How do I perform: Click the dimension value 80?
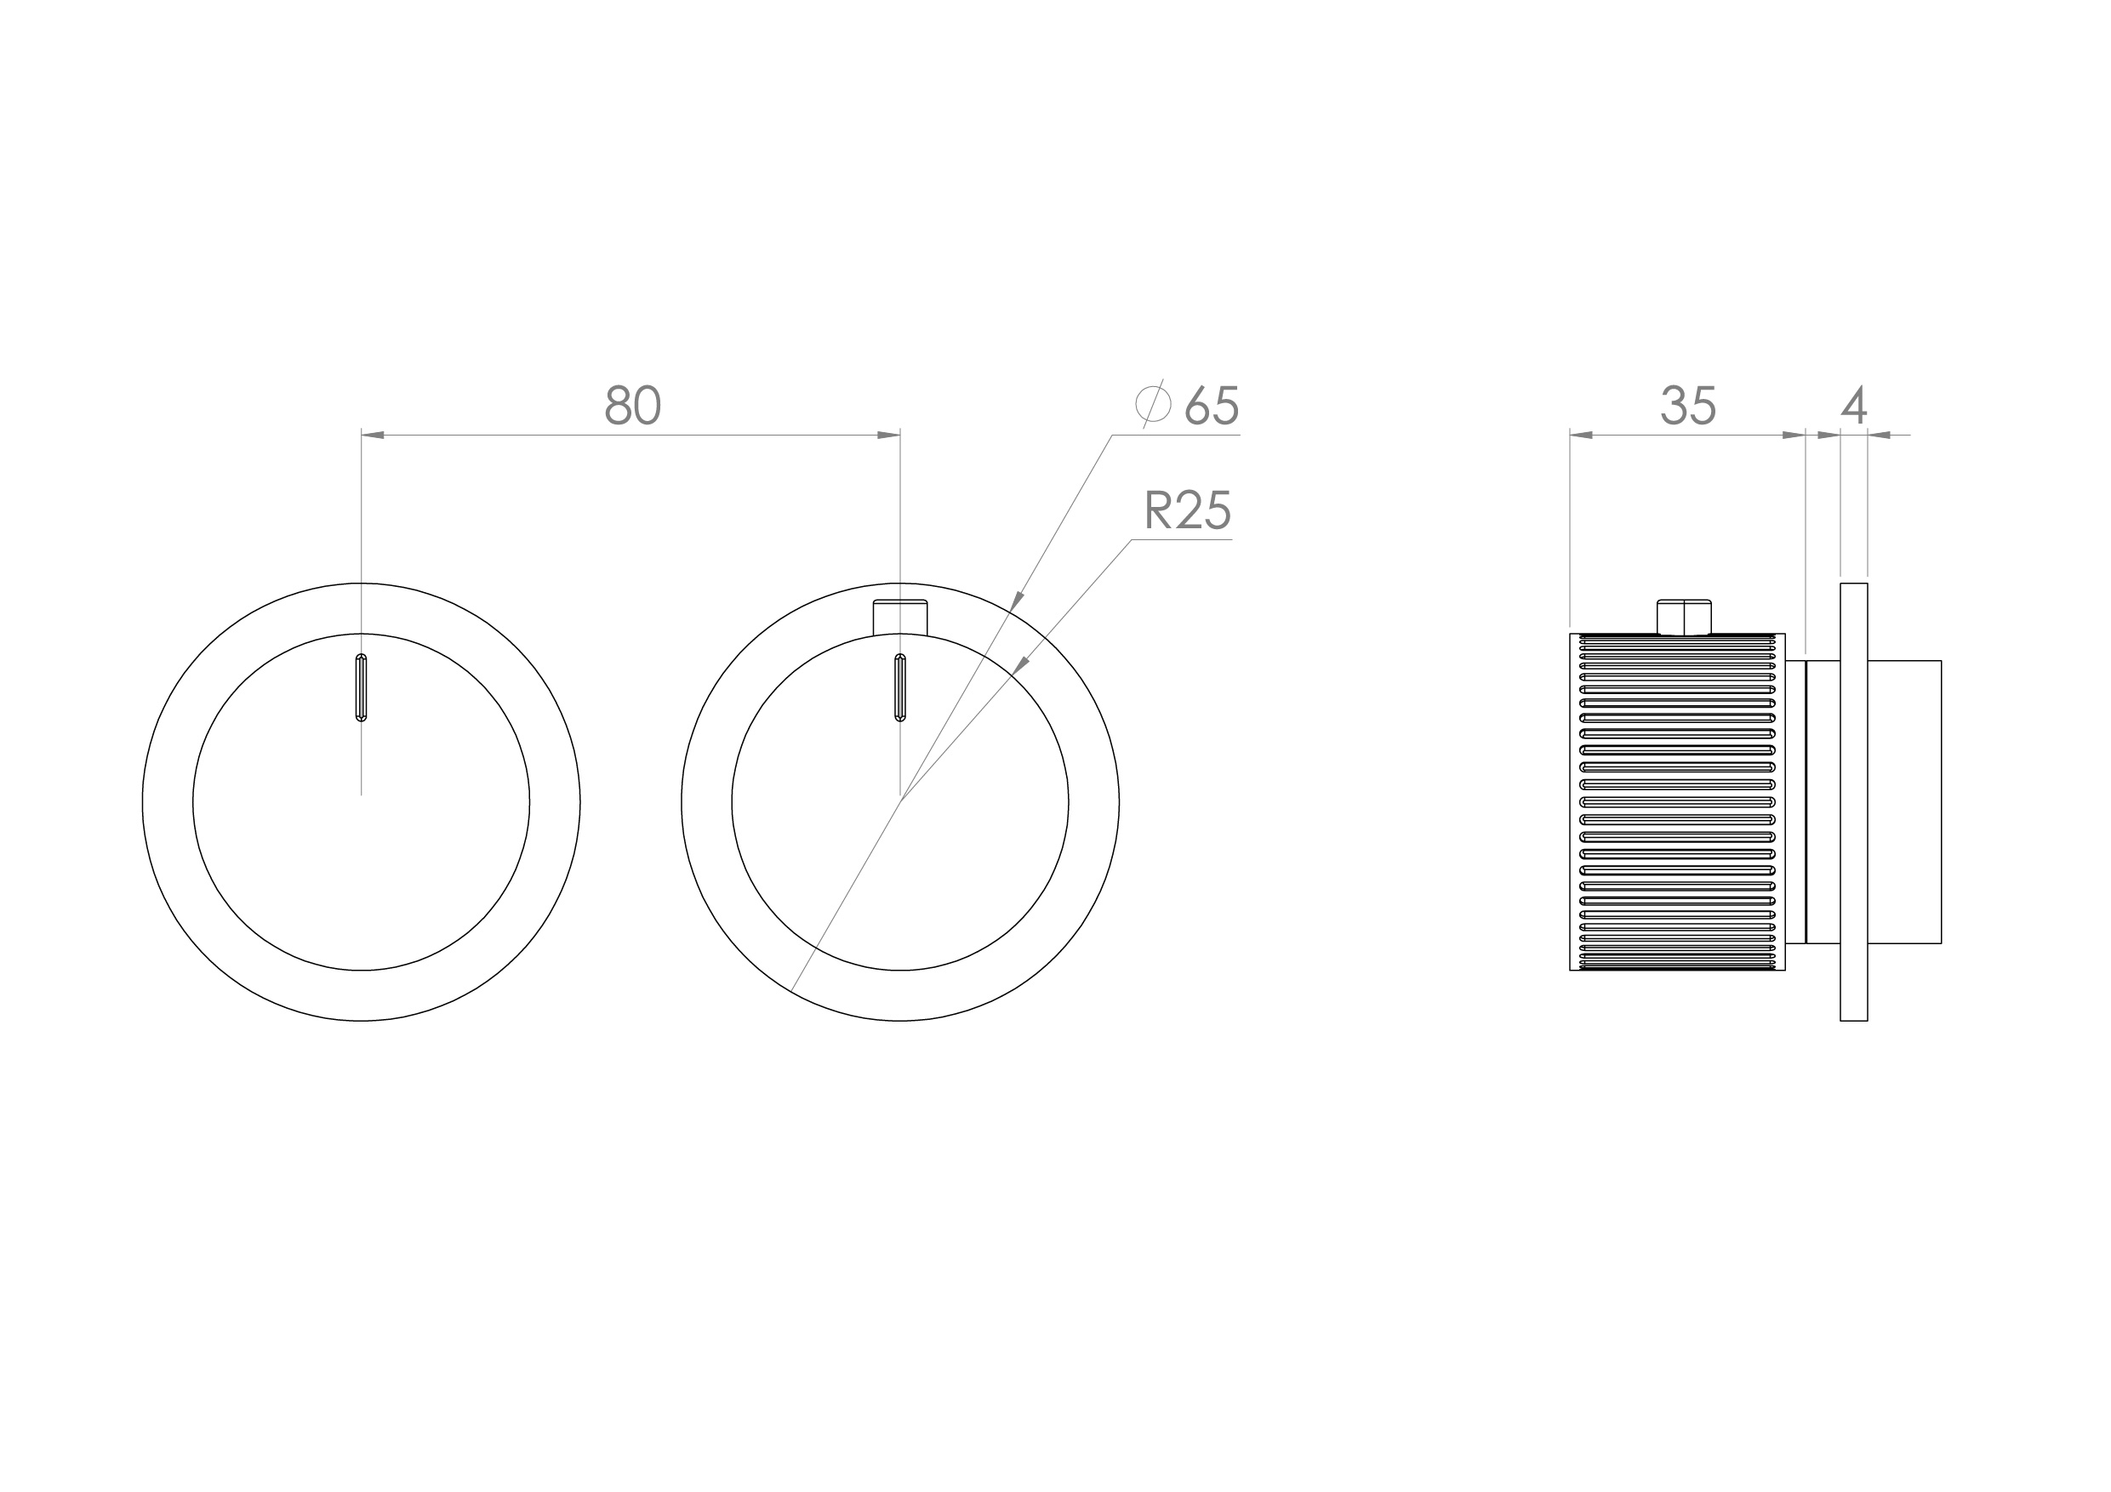(632, 406)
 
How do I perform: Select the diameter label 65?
(1212, 406)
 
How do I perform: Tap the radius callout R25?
(1187, 511)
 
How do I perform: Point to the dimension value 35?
(1688, 406)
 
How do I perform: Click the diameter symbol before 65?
(1153, 403)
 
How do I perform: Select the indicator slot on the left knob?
(362, 687)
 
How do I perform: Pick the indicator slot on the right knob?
(900, 687)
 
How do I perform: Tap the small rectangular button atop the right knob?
(900, 616)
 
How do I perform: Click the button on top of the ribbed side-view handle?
(1684, 616)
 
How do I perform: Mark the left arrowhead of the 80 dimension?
(373, 435)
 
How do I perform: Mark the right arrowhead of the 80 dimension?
(888, 435)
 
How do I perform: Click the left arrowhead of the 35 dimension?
(1582, 435)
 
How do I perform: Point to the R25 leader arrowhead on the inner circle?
(1019, 665)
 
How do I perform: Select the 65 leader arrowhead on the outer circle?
(1016, 602)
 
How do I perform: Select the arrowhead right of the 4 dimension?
(1879, 435)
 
